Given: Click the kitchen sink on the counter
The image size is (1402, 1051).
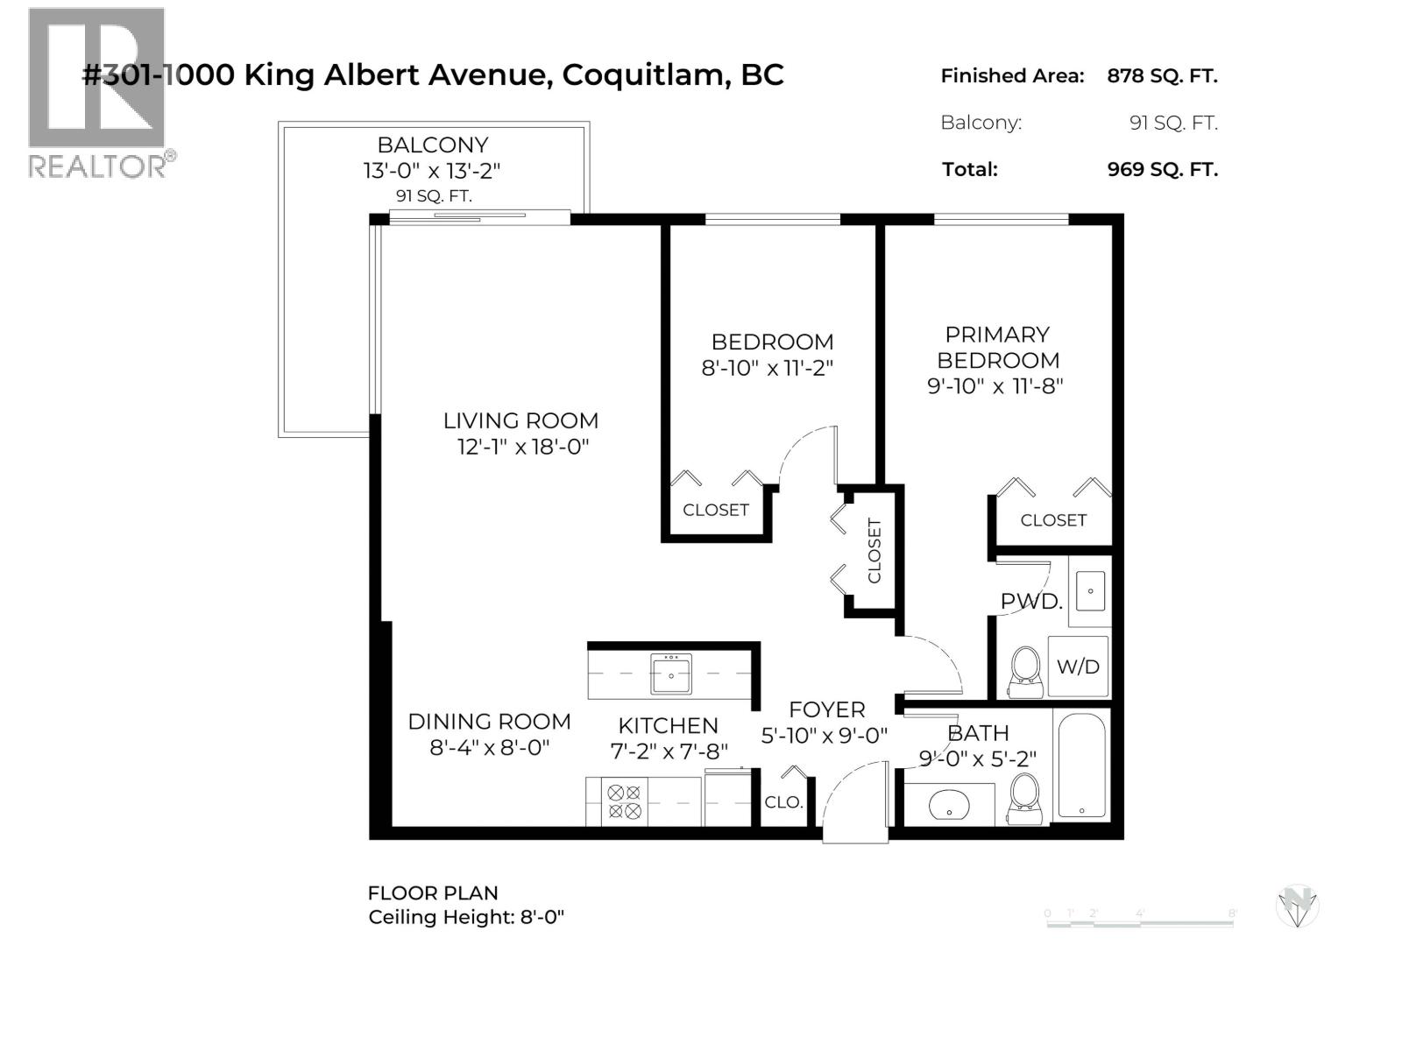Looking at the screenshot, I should pyautogui.click(x=671, y=674).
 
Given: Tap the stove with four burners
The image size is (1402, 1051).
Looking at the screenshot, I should pyautogui.click(x=624, y=801).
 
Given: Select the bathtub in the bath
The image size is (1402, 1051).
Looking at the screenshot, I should pyautogui.click(x=1082, y=765).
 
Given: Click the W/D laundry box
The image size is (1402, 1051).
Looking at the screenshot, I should pyautogui.click(x=1078, y=667).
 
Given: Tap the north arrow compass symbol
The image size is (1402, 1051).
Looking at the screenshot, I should pyautogui.click(x=1298, y=906).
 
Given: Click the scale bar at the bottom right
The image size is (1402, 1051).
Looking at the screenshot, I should pyautogui.click(x=1140, y=919).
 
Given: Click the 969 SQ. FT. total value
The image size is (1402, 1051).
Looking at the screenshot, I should pyautogui.click(x=1162, y=169).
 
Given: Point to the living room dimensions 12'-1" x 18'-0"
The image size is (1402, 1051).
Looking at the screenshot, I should pyautogui.click(x=522, y=447).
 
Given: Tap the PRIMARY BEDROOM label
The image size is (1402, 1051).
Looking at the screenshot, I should pyautogui.click(x=997, y=347).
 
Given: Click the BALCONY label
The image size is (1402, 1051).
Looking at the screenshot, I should pyautogui.click(x=432, y=145).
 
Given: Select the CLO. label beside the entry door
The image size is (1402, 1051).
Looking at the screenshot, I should pyautogui.click(x=783, y=802).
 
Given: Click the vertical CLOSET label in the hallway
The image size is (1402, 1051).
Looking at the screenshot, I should pyautogui.click(x=874, y=551).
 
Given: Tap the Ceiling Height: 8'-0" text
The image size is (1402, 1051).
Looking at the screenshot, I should pyautogui.click(x=466, y=917).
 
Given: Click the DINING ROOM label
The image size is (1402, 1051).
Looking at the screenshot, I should pyautogui.click(x=489, y=722).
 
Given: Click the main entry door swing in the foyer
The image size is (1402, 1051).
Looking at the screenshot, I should pyautogui.click(x=854, y=797).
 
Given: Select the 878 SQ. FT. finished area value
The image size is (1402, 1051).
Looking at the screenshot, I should pyautogui.click(x=1162, y=76).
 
